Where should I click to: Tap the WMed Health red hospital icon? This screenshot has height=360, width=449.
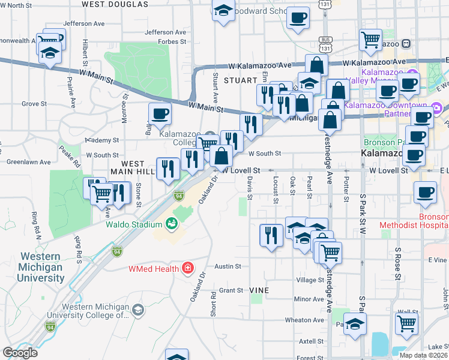click(188, 268)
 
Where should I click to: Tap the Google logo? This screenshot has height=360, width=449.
click(20, 353)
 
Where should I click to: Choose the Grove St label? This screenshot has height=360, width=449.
click(34, 104)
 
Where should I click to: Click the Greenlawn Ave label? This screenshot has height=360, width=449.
click(28, 161)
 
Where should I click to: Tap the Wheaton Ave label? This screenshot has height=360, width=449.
click(304, 320)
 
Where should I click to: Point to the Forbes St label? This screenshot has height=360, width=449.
click(172, 42)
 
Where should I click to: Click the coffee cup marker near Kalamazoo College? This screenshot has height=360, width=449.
click(160, 113)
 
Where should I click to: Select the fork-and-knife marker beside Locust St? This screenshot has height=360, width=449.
click(271, 234)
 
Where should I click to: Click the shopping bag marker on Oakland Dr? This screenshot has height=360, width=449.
click(221, 156)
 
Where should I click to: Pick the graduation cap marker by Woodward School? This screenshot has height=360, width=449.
click(224, 11)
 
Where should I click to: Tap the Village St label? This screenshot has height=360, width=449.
click(310, 280)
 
